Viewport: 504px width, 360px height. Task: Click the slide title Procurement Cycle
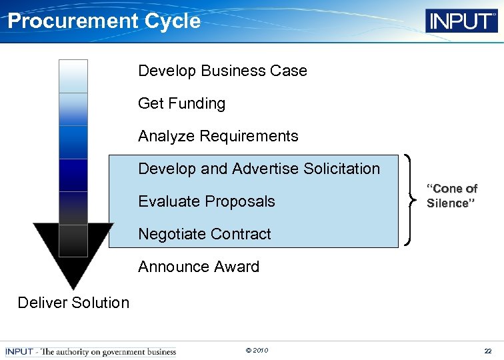(x=103, y=21)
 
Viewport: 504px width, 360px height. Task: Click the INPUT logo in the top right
(x=461, y=21)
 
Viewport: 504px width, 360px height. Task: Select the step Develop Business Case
(x=222, y=71)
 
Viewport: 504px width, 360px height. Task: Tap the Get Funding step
(x=181, y=103)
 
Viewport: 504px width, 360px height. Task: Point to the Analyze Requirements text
(x=218, y=136)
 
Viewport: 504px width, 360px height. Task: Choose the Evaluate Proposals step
(x=206, y=201)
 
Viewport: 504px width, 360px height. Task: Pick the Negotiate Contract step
(x=204, y=234)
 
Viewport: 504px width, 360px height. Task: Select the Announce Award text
(x=198, y=267)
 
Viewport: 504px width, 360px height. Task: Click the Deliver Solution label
(x=73, y=303)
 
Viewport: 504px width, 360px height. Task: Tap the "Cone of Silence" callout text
(x=452, y=196)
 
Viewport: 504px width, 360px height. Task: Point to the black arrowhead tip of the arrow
(x=73, y=283)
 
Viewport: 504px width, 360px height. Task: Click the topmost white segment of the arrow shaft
(x=73, y=76)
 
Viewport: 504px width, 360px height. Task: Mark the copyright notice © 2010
(x=257, y=351)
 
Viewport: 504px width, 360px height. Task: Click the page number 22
(x=488, y=351)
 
